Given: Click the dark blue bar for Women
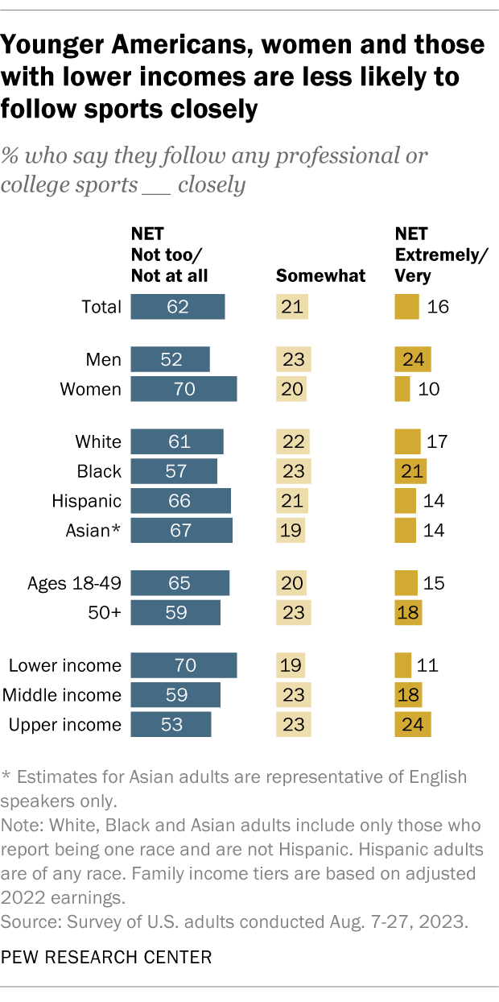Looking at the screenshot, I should tap(184, 389).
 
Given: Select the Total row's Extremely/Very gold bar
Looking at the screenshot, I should tap(407, 307).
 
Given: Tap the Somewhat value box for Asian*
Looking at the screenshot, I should tap(291, 531).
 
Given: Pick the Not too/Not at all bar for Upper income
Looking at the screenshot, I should tap(171, 724).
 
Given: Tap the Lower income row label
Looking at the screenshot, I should tap(65, 665).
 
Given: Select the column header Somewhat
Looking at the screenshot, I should tap(321, 275).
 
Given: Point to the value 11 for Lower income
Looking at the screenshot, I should tap(427, 665).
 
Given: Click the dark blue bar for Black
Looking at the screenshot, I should tap(174, 471).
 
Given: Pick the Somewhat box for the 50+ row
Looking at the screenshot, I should tap(291, 613).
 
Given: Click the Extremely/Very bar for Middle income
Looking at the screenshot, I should tap(408, 695).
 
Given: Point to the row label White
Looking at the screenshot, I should tap(98, 441).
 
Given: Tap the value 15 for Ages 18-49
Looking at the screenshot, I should tap(435, 583).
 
